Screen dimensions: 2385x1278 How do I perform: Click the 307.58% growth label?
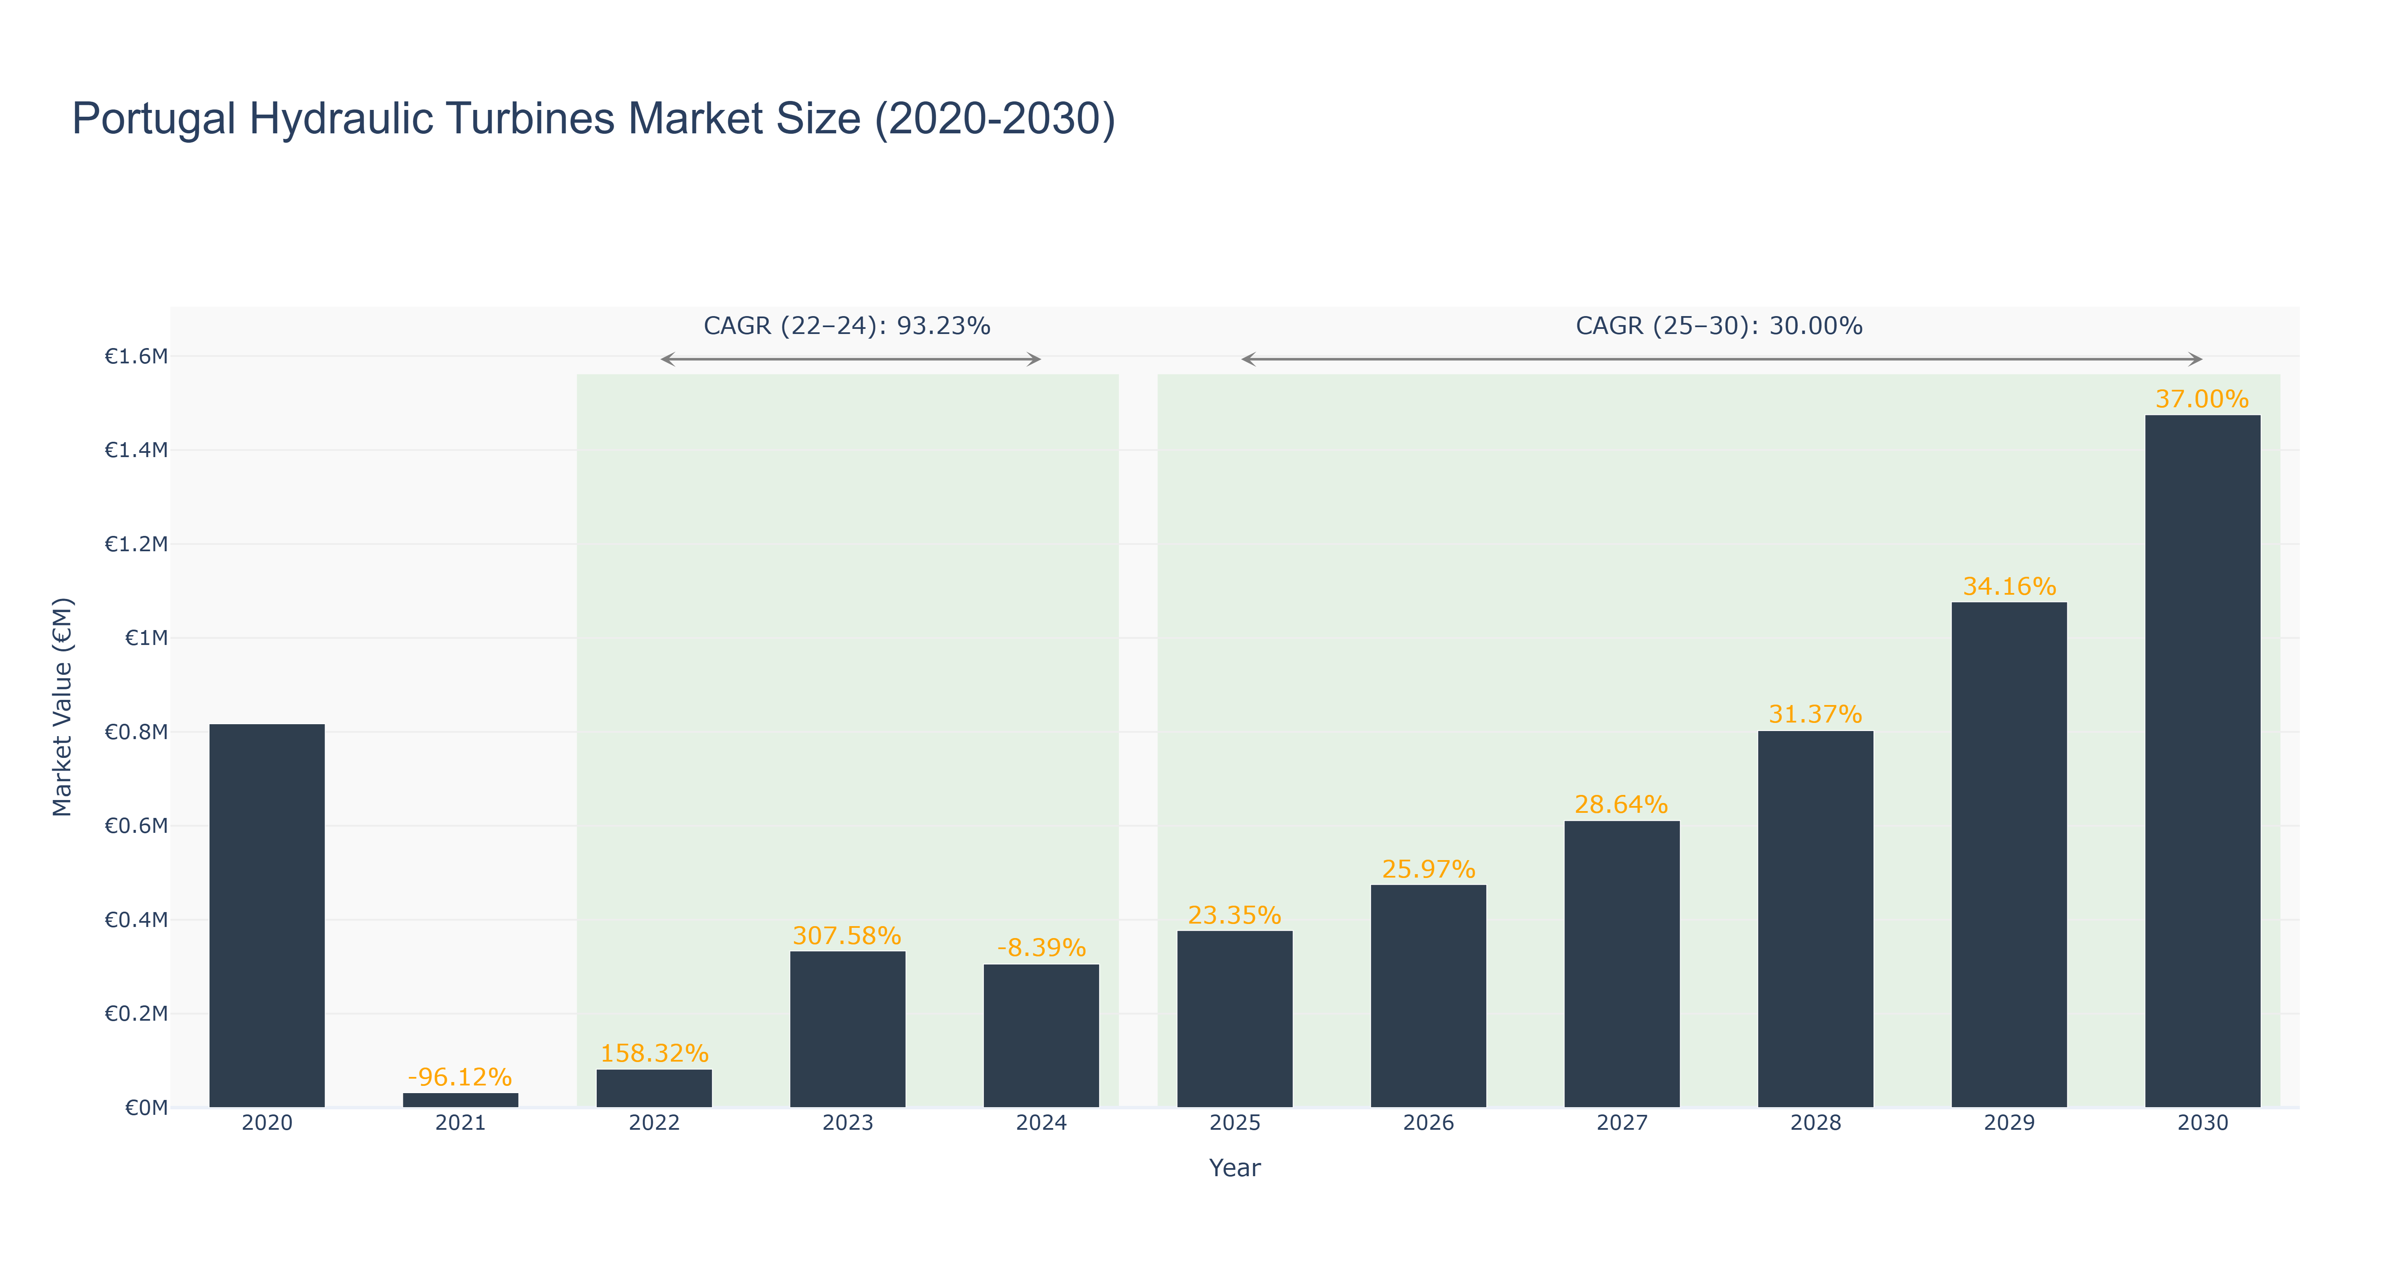(847, 935)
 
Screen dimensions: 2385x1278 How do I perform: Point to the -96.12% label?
(460, 1077)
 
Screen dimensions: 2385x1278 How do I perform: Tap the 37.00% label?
(2203, 399)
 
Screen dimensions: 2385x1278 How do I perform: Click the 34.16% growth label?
(2009, 586)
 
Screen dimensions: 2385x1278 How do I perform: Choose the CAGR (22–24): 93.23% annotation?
(847, 326)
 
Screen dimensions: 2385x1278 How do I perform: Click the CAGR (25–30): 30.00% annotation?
(1719, 326)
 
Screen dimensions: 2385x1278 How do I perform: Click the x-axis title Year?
(1235, 1168)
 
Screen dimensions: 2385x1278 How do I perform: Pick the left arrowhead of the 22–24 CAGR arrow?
(667, 359)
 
